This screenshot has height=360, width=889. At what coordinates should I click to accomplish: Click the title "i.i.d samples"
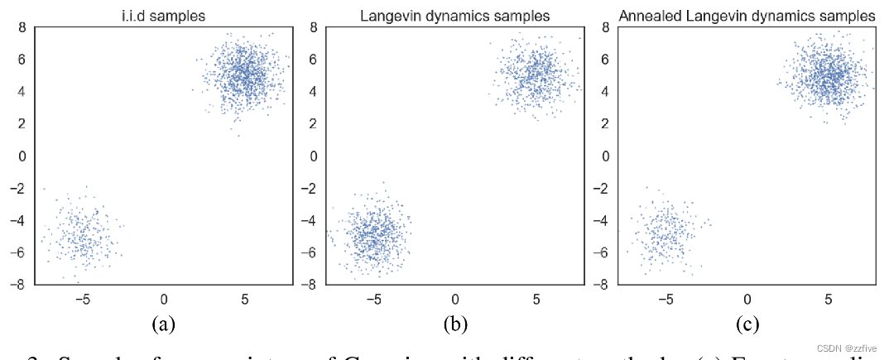click(x=162, y=16)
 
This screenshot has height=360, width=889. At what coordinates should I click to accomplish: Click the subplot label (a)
click(x=162, y=324)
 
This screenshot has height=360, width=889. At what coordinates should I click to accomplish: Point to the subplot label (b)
click(x=454, y=324)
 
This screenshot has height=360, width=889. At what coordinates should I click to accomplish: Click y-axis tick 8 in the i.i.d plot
click(x=23, y=27)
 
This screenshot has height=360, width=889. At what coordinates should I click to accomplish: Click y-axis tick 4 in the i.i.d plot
click(x=23, y=92)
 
